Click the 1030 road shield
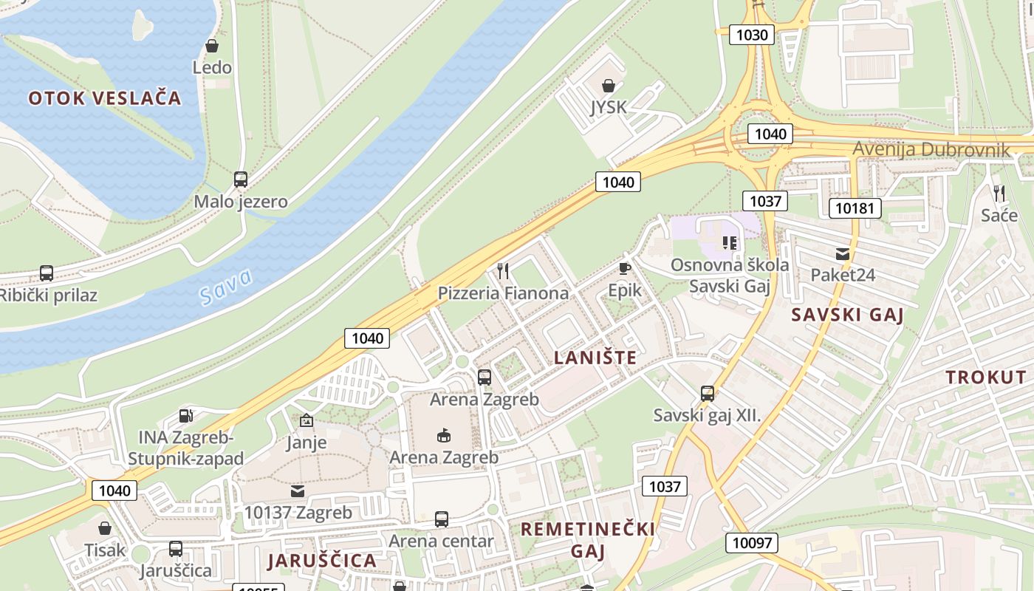(752, 34)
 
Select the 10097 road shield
(752, 543)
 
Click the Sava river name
(226, 287)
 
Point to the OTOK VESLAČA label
(105, 98)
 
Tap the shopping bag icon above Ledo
(212, 46)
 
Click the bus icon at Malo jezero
(241, 179)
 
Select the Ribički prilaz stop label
(49, 295)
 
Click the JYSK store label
(609, 108)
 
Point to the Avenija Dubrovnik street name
(931, 149)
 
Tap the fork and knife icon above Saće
(999, 194)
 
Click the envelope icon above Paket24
(843, 254)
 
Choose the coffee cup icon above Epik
(625, 268)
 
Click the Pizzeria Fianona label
(503, 293)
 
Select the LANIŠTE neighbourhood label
(595, 358)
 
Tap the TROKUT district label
(986, 378)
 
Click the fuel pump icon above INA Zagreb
(186, 417)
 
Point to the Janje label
(307, 443)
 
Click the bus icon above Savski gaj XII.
(708, 393)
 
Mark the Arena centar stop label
(441, 541)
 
